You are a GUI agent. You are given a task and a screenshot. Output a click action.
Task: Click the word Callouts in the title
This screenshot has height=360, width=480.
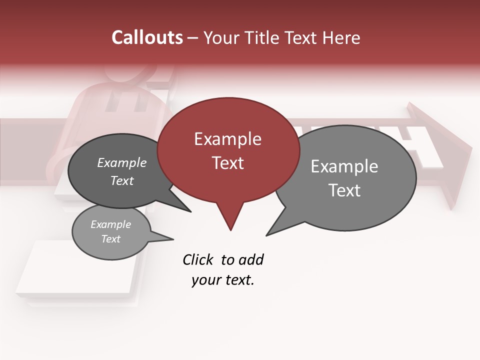coord(147,37)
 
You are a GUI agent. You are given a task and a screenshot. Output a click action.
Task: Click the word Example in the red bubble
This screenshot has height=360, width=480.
coord(228,139)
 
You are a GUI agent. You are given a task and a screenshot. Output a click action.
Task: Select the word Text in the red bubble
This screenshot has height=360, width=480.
coord(228,163)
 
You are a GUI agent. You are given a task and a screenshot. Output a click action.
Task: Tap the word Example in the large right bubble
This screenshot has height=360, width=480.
coord(344,166)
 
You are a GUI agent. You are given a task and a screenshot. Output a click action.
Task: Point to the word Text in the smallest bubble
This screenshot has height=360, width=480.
coord(111,239)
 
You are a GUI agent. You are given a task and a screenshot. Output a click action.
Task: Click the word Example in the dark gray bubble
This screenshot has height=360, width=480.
coord(122,162)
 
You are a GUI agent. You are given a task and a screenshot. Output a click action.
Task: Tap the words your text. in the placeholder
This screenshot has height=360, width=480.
coord(223,280)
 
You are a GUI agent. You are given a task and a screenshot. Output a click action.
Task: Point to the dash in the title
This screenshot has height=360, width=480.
coord(193,38)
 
